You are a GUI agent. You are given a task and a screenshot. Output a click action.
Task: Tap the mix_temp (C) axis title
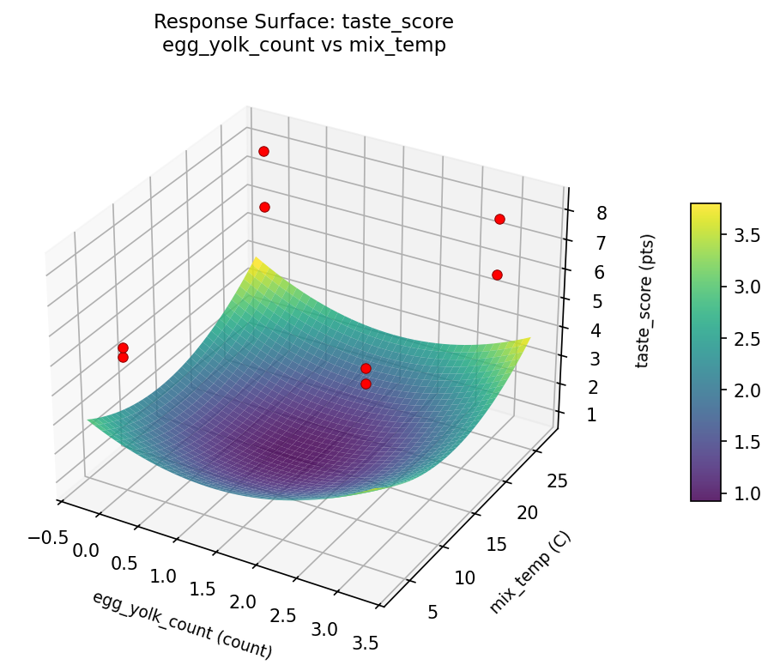(529, 572)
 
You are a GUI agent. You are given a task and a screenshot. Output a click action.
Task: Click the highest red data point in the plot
(263, 151)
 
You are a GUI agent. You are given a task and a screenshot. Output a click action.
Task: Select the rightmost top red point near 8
(499, 219)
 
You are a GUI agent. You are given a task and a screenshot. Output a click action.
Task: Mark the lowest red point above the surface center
(366, 384)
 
